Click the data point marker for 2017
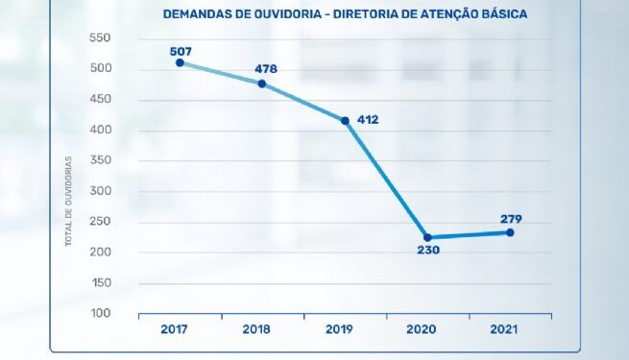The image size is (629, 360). [180, 62]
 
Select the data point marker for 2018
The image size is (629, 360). [261, 84]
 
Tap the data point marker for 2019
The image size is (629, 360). [345, 121]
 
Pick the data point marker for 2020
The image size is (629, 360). [427, 237]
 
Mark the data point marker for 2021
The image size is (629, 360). [510, 232]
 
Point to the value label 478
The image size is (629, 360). [266, 68]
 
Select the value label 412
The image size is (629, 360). [368, 120]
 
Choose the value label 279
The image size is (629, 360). [511, 218]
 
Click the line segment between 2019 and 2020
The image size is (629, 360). [386, 179]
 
